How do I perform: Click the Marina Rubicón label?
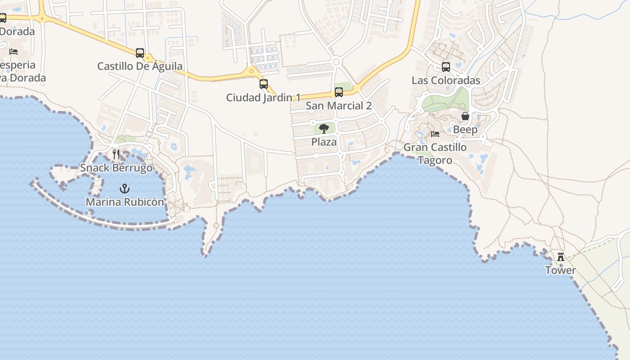pyautogui.click(x=125, y=202)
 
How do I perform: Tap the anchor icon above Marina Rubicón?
pyautogui.click(x=125, y=189)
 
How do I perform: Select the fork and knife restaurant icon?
pyautogui.click(x=116, y=154)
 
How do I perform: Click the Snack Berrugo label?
pyautogui.click(x=116, y=168)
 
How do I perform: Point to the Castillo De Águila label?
pyautogui.click(x=140, y=67)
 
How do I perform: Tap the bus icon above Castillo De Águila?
pyautogui.click(x=140, y=53)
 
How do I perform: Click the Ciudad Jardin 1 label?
pyautogui.click(x=263, y=98)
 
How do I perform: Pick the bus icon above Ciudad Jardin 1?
pyautogui.click(x=264, y=84)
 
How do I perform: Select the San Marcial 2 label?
pyautogui.click(x=339, y=106)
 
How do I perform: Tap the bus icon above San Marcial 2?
pyautogui.click(x=339, y=92)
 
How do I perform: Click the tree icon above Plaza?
pyautogui.click(x=324, y=129)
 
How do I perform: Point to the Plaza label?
pyautogui.click(x=324, y=142)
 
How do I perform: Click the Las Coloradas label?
pyautogui.click(x=446, y=81)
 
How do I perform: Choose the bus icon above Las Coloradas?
pyautogui.click(x=446, y=67)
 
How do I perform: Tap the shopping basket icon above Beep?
pyautogui.click(x=465, y=117)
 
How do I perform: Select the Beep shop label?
pyautogui.click(x=465, y=130)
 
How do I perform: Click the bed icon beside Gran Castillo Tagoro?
pyautogui.click(x=435, y=134)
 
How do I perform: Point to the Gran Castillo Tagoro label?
pyautogui.click(x=435, y=153)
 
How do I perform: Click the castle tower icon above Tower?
pyautogui.click(x=561, y=257)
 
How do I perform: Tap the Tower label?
pyautogui.click(x=561, y=270)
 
